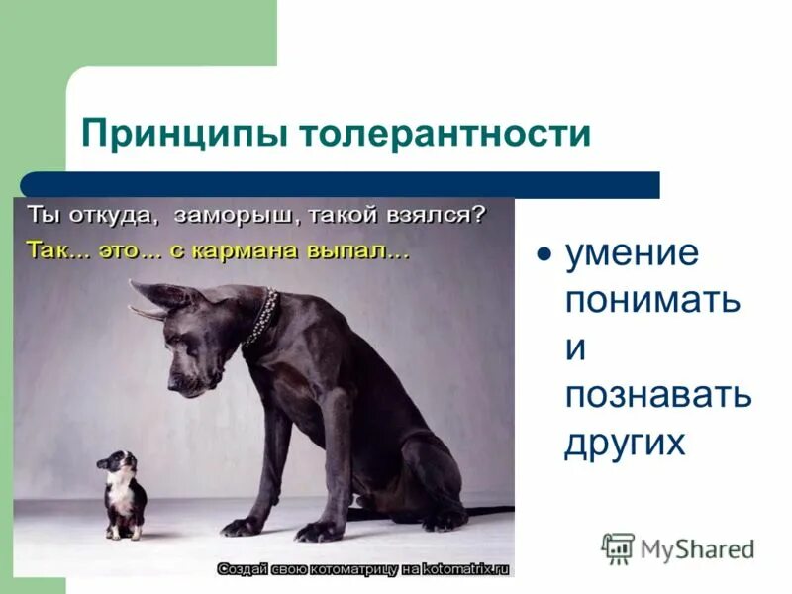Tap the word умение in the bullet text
pyautogui.click(x=632, y=253)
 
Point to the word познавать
pyautogui.click(x=658, y=395)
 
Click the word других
pyautogui.click(x=624, y=443)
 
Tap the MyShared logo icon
pyautogui.click(x=618, y=547)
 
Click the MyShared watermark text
pyautogui.click(x=697, y=548)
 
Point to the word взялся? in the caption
pyautogui.click(x=437, y=214)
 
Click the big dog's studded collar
pyautogui.click(x=261, y=316)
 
